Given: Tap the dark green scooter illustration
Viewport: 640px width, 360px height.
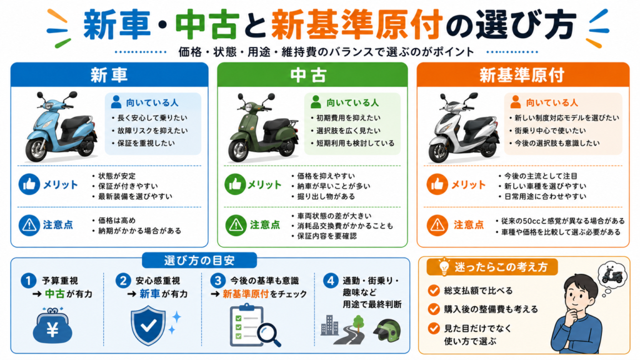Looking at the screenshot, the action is pyautogui.click(x=263, y=127).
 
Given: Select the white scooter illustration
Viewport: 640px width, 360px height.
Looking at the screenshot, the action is pyautogui.click(x=463, y=128).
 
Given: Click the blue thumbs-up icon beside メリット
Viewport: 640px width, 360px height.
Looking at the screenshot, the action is pyautogui.click(x=29, y=184).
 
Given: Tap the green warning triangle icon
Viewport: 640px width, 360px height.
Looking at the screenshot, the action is pyautogui.click(x=236, y=225).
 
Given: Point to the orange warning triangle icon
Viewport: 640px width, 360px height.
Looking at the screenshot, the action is pyautogui.click(x=437, y=225).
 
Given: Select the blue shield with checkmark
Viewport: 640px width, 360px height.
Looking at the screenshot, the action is pyautogui.click(x=148, y=325).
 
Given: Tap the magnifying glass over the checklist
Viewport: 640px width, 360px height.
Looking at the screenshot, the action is pyautogui.click(x=269, y=334).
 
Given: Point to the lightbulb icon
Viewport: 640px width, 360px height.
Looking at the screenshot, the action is pyautogui.click(x=444, y=266).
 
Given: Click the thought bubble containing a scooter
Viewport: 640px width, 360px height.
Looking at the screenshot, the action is pyautogui.click(x=612, y=276).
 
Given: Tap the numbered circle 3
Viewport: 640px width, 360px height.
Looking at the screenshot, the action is pyautogui.click(x=218, y=281).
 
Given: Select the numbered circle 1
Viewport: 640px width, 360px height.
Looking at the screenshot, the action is pyautogui.click(x=28, y=281).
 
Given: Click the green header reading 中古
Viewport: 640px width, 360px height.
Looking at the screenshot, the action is pyautogui.click(x=312, y=75).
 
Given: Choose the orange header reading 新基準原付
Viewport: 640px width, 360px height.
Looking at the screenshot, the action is pyautogui.click(x=523, y=75).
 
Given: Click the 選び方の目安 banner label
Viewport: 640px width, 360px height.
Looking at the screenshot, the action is pyautogui.click(x=199, y=261).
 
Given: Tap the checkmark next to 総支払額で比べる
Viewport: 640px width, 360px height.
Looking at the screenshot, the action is pyautogui.click(x=434, y=290).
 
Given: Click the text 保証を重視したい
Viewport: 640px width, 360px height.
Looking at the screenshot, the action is pyautogui.click(x=146, y=143).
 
